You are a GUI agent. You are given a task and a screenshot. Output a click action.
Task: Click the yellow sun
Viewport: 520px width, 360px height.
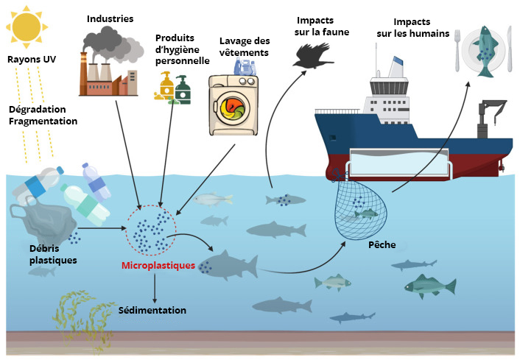[x=26, y=27]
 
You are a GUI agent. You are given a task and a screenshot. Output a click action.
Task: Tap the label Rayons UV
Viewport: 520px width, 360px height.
[x=32, y=60]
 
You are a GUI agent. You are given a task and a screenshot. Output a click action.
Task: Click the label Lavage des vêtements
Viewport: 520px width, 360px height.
[x=244, y=47]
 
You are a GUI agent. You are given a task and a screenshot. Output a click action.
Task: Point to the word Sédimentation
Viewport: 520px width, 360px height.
[x=152, y=310]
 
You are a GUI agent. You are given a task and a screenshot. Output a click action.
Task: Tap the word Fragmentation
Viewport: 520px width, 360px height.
[x=43, y=120]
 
